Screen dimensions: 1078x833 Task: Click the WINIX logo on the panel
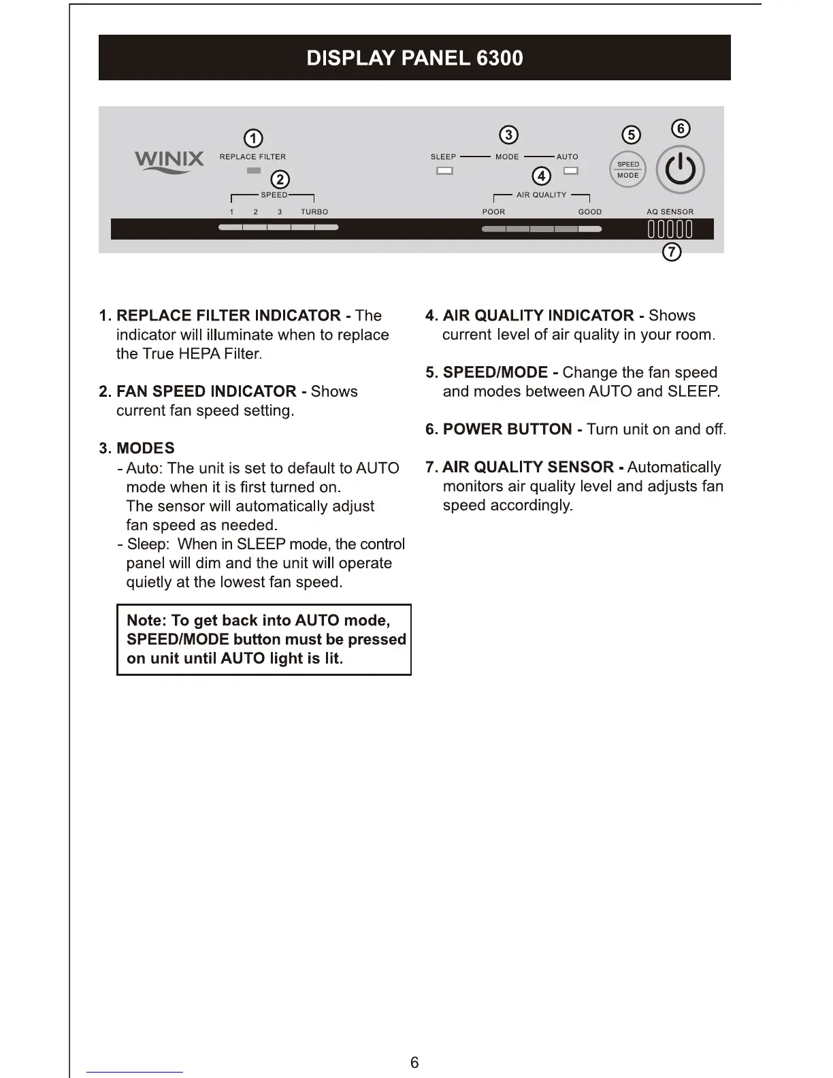169,161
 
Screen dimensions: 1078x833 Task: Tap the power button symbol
680,170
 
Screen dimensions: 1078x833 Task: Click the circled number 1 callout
253,139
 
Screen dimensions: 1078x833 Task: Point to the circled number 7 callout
672,252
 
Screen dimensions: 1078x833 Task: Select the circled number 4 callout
541,176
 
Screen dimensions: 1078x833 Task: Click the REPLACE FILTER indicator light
253,171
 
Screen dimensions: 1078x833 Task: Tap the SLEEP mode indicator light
444,171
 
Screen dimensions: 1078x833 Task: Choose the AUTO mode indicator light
571,171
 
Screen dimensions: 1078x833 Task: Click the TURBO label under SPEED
314,212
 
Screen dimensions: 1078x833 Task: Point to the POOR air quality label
493,212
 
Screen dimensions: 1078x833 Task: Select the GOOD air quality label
589,212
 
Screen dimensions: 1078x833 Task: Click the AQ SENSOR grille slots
670,229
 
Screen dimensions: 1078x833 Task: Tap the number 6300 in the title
500,58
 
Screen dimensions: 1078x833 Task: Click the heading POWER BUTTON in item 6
507,429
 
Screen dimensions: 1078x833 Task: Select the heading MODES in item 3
145,448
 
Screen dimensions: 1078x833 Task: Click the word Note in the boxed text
146,621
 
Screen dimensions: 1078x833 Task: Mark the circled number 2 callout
280,180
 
